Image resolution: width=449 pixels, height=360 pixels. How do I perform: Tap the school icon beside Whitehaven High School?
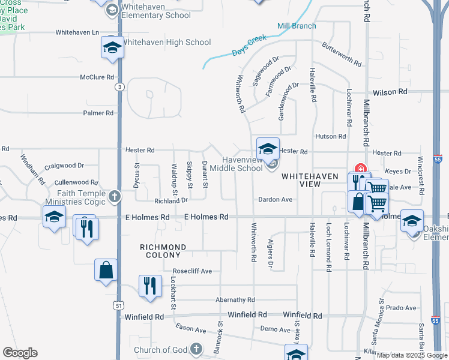click(112, 48)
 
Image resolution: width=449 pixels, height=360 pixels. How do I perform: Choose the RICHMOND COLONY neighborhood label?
click(163, 251)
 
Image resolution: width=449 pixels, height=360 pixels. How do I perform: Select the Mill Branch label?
click(297, 26)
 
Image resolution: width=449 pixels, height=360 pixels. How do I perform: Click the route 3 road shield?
click(119, 87)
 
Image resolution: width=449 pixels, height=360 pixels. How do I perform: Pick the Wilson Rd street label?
click(390, 92)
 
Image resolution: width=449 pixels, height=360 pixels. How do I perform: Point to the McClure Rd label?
click(97, 77)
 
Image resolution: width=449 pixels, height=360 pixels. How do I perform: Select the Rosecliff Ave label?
click(192, 271)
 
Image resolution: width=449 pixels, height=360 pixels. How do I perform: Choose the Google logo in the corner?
click(20, 353)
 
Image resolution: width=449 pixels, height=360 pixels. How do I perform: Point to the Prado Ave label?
click(402, 308)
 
